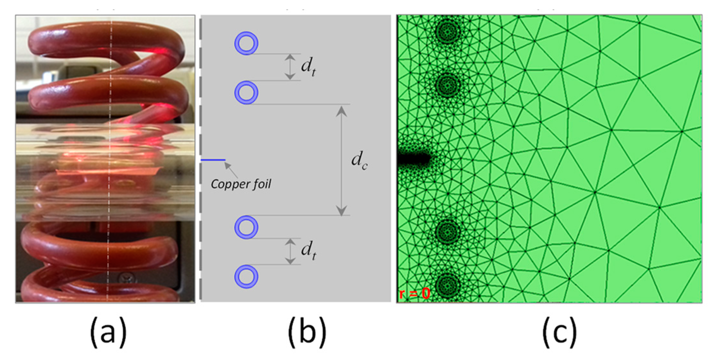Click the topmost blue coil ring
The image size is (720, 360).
coord(246,43)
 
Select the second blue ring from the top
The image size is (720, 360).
coord(246,92)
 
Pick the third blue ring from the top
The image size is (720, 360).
coord(246,227)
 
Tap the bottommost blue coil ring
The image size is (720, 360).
coord(246,277)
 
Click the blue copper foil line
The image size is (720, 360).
coord(213,160)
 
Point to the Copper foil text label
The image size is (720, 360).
coord(241,184)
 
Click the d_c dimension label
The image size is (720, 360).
coord(359,160)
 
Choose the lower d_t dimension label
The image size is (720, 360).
coord(308,250)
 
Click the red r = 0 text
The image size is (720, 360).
coord(414,294)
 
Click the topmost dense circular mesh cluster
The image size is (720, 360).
coord(448,31)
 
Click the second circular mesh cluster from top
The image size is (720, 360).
coord(448,84)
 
